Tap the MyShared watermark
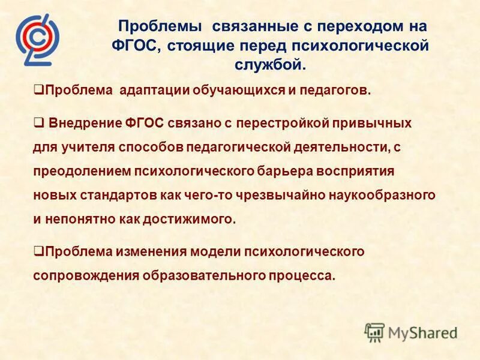click(411, 332)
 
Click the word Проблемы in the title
click(160, 26)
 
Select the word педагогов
click(337, 91)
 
